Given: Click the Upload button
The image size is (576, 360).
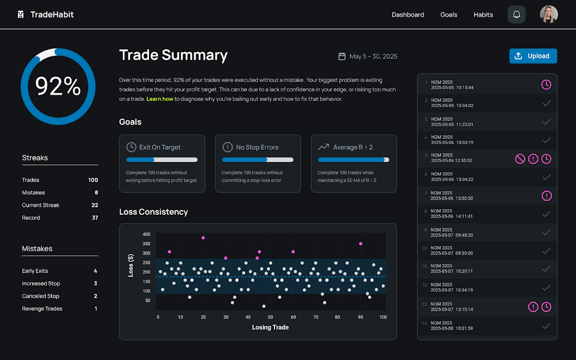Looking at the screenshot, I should [533, 56].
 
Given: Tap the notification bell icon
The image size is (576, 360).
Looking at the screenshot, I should [517, 15].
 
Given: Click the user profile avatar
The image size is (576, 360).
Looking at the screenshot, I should [549, 15].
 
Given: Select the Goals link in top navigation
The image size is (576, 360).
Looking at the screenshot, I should [449, 15].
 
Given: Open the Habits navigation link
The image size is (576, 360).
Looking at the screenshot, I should [483, 15].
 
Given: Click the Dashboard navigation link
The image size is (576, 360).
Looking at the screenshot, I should [408, 15].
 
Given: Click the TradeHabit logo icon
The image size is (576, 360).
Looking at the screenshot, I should [21, 15].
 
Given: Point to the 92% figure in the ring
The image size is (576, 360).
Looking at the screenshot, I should [58, 86].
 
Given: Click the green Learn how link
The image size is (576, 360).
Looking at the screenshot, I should [159, 99].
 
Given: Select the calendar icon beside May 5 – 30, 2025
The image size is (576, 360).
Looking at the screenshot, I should [342, 57].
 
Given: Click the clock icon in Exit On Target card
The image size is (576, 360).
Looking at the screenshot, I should [131, 147].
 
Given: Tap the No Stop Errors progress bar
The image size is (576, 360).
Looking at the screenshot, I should [258, 160].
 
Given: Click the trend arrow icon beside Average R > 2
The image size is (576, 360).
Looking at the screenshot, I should [323, 147].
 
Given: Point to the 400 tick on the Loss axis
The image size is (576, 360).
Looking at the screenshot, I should [146, 234].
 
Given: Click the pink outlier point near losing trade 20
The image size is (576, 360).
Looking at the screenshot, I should [203, 238].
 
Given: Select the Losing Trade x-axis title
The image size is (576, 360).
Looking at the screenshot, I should [270, 327].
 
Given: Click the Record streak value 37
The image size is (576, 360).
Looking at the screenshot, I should [95, 218].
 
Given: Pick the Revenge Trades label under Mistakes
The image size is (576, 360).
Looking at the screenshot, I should [42, 309].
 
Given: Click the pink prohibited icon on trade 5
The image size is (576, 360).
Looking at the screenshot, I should [520, 159].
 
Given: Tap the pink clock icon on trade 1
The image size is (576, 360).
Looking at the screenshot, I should [546, 85].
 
